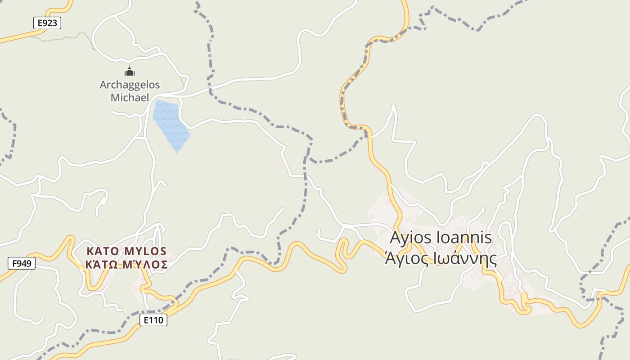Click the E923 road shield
pyautogui.click(x=47, y=23)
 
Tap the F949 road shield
pyautogui.click(x=21, y=263)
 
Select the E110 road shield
pyautogui.click(x=153, y=320)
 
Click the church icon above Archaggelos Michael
pyautogui.click(x=130, y=71)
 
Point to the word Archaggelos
pyautogui.click(x=130, y=85)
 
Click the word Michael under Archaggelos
pyautogui.click(x=130, y=97)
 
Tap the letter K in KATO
pyautogui.click(x=89, y=251)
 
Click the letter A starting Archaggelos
pyautogui.click(x=103, y=85)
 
